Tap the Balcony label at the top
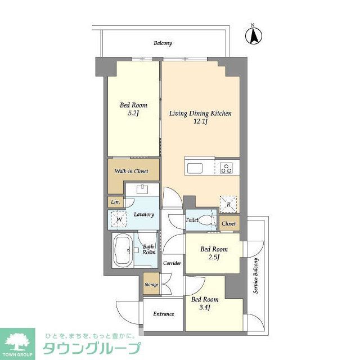pos(163,43)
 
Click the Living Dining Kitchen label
pos(201,117)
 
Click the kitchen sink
pos(197,168)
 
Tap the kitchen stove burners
pos(227,168)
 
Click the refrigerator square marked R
pos(227,202)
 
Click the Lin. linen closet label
pos(115,201)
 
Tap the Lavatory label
pos(144,214)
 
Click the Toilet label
pos(192,220)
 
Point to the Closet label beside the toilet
pos(228,223)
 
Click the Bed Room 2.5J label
pos(214,253)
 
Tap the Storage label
pos(151,285)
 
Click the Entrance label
pos(163,314)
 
